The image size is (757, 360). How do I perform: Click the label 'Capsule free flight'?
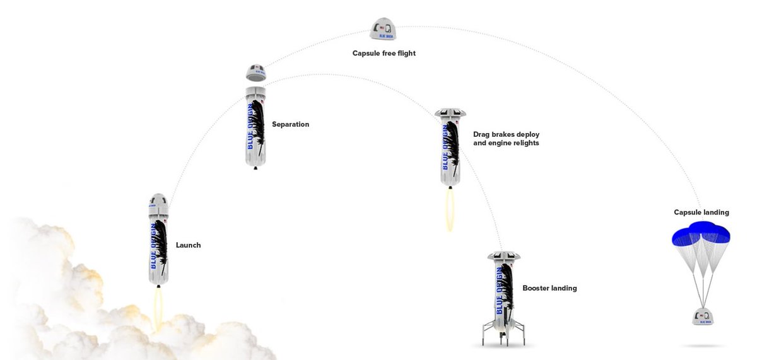pos(384,54)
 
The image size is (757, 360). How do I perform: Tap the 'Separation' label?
pos(290,124)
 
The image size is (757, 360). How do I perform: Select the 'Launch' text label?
pos(188,245)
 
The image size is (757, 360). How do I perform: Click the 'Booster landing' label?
pos(549,288)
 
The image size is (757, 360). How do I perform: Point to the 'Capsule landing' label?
pos(701,212)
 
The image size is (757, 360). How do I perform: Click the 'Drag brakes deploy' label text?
pos(506,134)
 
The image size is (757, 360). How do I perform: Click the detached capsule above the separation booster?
pos(255,73)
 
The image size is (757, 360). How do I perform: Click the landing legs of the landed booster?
pos(503,332)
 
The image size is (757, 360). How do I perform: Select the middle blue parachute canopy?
pos(701,228)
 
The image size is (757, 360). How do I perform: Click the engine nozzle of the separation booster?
pos(255,168)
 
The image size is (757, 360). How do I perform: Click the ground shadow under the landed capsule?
pos(703,345)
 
